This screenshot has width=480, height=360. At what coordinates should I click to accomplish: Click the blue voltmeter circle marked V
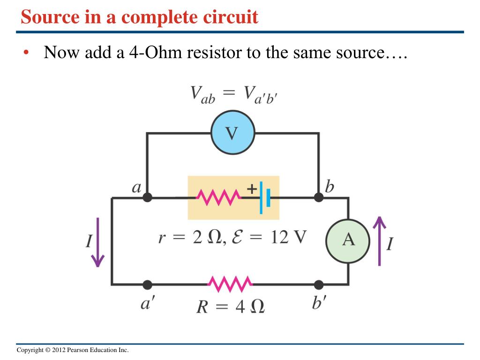tap(232, 133)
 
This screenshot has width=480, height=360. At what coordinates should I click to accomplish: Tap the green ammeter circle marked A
tap(348, 240)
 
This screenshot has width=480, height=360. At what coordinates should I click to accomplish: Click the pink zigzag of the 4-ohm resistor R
tap(230, 284)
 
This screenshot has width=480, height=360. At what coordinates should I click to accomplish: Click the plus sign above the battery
tap(252, 189)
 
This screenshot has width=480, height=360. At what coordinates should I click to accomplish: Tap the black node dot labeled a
tap(147, 197)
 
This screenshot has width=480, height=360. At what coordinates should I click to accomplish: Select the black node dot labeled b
tap(319, 197)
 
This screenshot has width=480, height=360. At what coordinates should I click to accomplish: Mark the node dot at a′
tap(147, 284)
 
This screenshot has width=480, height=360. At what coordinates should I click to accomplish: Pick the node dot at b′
tap(319, 284)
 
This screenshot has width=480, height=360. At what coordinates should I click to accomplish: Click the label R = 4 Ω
tap(230, 307)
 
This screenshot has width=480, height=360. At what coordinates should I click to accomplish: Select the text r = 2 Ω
tap(186, 238)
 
